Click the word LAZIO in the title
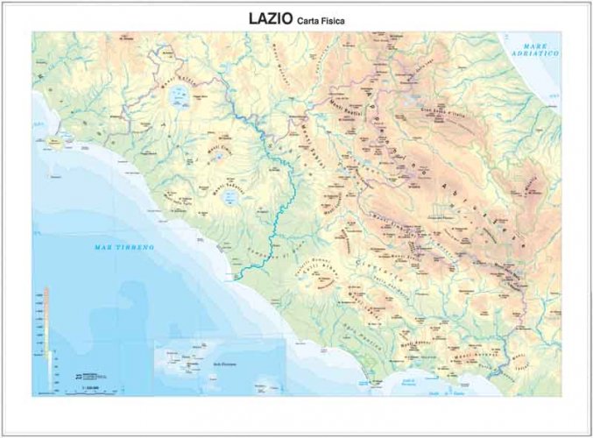pyautogui.click(x=266, y=18)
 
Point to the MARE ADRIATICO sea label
pyautogui.click(x=540, y=50)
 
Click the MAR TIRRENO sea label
pyautogui.click(x=124, y=248)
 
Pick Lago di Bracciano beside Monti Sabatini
pyautogui.click(x=229, y=198)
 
